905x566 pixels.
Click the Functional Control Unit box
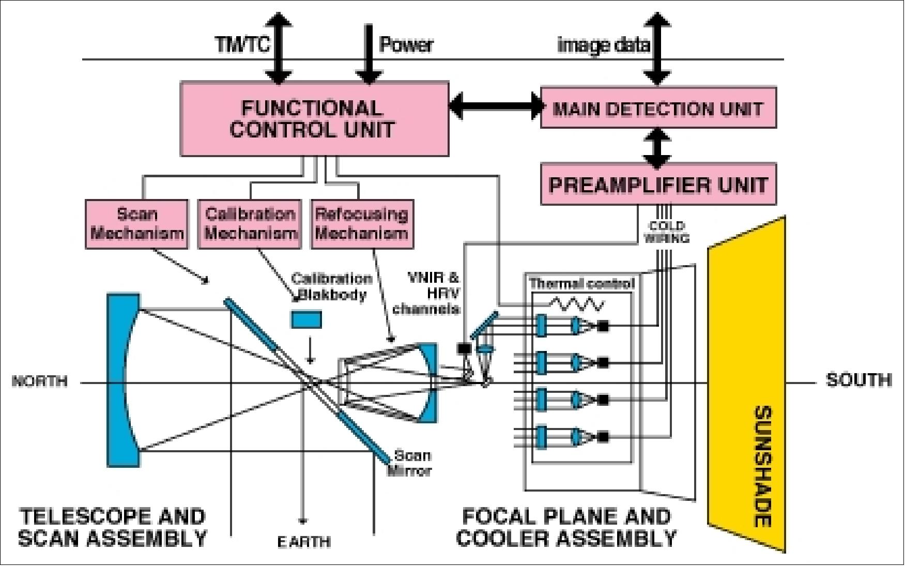tap(314, 118)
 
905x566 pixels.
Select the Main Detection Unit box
tap(658, 108)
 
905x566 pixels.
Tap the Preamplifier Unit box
tap(658, 185)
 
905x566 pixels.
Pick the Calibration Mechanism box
tap(250, 224)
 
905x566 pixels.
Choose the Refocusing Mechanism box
tap(362, 224)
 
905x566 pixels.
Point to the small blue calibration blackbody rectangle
tap(307, 319)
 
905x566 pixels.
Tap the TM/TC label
tap(243, 44)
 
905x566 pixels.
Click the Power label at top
tap(406, 44)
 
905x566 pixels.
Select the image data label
tap(603, 45)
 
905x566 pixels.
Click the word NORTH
tap(39, 381)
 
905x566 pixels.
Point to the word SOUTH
tap(858, 380)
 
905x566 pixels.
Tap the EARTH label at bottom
tap(304, 542)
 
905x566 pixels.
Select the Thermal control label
tap(581, 283)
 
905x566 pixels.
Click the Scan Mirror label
tap(411, 463)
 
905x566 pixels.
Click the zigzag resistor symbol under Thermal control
tap(576, 304)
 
